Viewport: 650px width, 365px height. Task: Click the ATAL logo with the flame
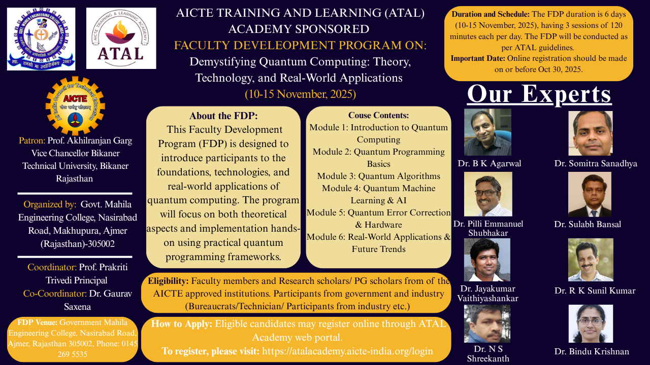121,38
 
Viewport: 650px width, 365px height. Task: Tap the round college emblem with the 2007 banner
41,39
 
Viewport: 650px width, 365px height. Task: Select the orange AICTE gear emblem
75,106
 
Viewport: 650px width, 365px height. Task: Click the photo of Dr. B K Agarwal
487,132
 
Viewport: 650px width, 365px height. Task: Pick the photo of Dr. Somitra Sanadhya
591,133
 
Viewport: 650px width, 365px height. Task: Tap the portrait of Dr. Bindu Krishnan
591,323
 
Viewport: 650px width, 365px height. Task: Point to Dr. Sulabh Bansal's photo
590,194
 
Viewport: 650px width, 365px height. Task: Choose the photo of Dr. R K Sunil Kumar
591,260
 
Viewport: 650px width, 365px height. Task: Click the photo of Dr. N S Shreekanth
487,323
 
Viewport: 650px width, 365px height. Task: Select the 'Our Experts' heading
539,94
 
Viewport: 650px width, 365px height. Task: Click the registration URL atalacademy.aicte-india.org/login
347,351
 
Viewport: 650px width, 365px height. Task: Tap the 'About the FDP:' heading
223,116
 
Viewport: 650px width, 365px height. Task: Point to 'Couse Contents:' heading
378,115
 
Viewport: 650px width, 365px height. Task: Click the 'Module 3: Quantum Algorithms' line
378,176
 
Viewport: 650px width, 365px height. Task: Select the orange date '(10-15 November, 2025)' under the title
300,94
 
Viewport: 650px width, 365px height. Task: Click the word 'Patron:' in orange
32,140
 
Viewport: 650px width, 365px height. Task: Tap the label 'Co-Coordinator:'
55,294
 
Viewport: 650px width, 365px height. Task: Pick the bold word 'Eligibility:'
168,281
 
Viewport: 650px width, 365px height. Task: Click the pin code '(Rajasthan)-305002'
78,244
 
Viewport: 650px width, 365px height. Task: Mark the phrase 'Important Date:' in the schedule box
478,58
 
